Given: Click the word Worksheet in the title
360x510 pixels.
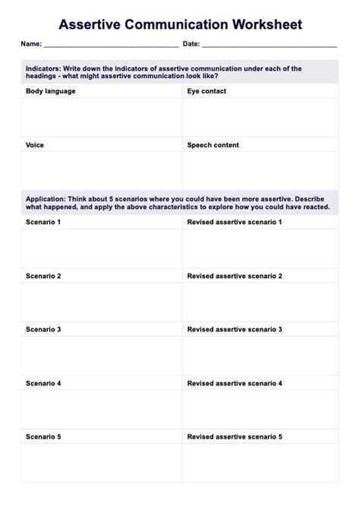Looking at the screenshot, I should click(262, 24).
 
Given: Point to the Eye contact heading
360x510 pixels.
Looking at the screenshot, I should click(207, 91).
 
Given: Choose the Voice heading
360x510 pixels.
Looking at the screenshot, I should click(35, 145).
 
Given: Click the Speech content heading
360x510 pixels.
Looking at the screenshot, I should click(213, 145).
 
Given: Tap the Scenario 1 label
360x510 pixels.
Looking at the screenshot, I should click(43, 222).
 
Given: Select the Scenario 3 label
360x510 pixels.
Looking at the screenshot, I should click(43, 330).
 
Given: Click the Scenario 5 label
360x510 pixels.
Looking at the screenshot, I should click(43, 437).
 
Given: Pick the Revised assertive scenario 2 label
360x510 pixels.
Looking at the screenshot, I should click(234, 276).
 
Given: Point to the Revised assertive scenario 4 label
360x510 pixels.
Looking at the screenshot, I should click(234, 384).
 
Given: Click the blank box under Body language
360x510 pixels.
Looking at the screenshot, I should click(102, 117).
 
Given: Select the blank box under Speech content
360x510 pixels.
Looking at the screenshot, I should click(261, 170).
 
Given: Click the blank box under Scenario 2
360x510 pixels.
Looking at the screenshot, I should click(102, 301).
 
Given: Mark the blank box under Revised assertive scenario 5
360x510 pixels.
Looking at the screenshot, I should click(261, 464).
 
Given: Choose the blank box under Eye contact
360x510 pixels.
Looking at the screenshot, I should click(261, 117).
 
